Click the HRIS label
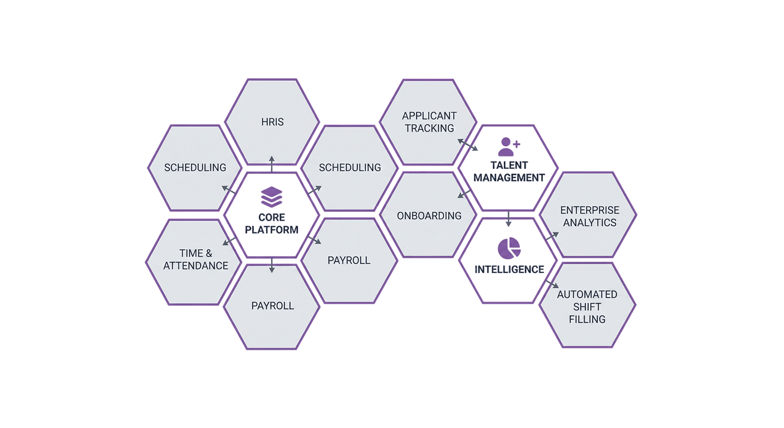[272, 122]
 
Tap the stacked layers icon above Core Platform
[272, 197]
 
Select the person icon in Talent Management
[506, 147]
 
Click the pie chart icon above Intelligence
[509, 249]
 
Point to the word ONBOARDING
[429, 216]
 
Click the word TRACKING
[429, 128]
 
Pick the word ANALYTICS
[590, 222]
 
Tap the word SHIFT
[587, 307]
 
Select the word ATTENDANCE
[195, 266]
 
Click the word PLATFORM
[272, 230]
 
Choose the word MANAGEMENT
[509, 178]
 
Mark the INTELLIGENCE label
[509, 269]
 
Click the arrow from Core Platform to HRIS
[272, 164]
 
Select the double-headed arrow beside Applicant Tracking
[468, 145]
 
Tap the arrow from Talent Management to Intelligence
[508, 219]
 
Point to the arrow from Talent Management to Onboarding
[464, 194]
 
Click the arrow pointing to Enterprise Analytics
[552, 236]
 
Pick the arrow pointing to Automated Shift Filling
[552, 284]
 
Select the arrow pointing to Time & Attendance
[229, 241]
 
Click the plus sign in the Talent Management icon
[517, 144]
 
